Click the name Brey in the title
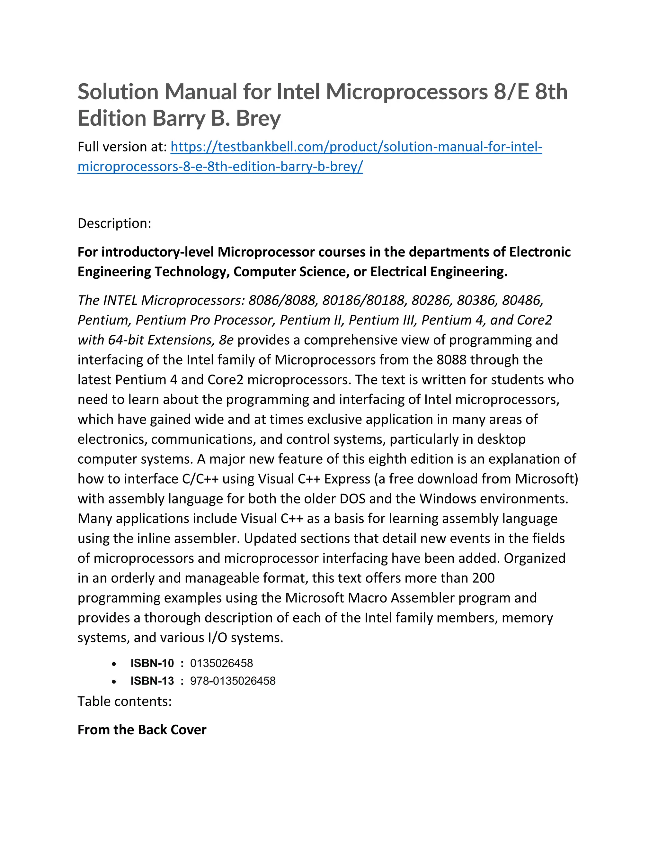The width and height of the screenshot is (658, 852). (x=258, y=119)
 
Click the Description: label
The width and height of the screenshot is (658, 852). (x=114, y=223)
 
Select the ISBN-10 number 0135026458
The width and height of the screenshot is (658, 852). (x=221, y=663)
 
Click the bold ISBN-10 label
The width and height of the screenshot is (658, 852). (x=152, y=663)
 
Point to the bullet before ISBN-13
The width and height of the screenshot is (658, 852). (x=114, y=682)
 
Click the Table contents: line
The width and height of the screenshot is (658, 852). (x=124, y=702)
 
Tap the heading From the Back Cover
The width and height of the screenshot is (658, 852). (x=142, y=730)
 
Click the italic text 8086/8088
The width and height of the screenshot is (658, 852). (x=281, y=300)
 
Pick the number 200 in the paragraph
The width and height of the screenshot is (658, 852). (x=483, y=578)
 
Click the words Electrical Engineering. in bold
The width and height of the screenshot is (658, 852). (x=439, y=272)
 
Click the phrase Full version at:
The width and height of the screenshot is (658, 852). (x=122, y=147)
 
